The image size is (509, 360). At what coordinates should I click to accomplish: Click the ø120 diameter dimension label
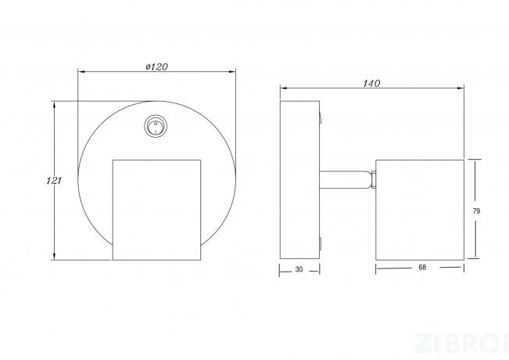(x=156, y=67)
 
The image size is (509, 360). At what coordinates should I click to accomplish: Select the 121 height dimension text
(x=54, y=181)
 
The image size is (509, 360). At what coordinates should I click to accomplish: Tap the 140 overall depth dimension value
(x=371, y=84)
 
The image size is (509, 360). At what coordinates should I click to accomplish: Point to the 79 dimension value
(x=476, y=211)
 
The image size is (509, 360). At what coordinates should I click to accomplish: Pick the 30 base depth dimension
(x=299, y=269)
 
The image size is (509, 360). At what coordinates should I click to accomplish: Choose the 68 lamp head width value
(x=422, y=268)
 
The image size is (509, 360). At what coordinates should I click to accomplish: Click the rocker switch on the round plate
(x=156, y=126)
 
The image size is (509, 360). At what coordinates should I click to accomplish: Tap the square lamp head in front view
(x=156, y=210)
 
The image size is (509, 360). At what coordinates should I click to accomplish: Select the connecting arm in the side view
(x=346, y=180)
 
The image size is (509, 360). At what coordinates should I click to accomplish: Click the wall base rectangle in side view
(x=299, y=180)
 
